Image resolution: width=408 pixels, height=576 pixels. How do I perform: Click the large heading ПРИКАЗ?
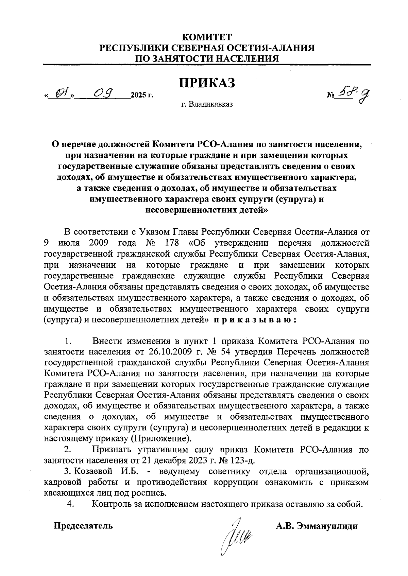[207, 83]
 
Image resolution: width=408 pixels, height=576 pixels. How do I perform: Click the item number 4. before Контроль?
[71, 504]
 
